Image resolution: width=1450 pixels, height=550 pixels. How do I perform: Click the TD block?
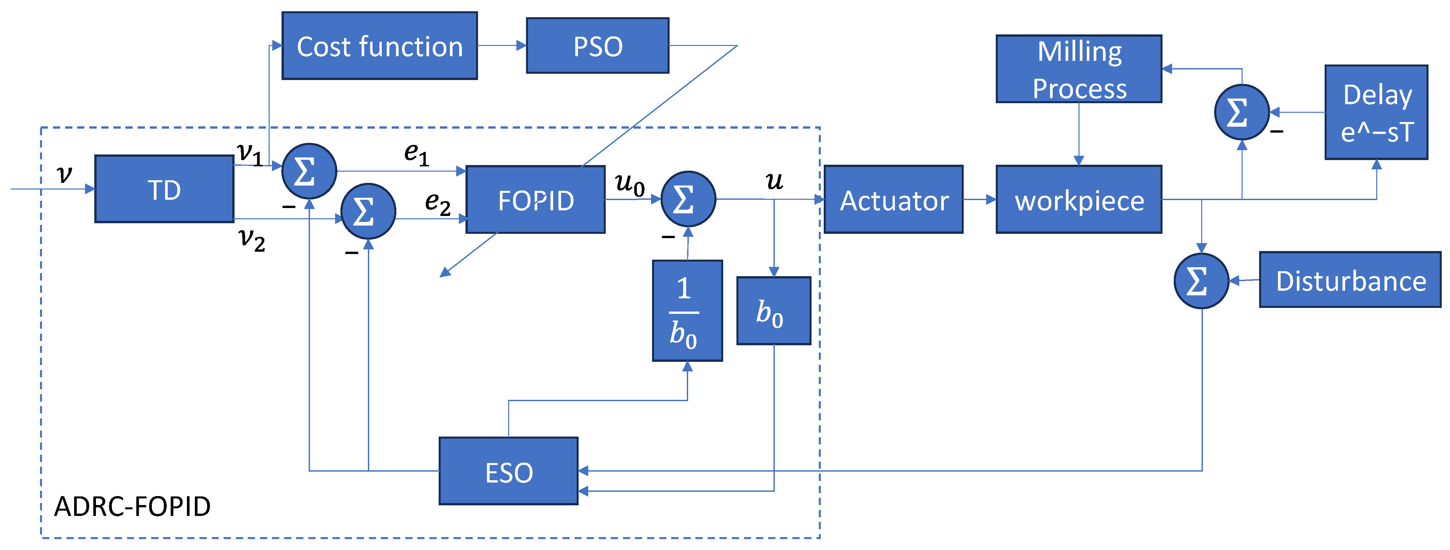click(x=164, y=189)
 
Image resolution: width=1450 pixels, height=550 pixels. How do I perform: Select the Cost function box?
click(x=379, y=46)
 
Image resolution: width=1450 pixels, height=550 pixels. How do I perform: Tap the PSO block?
click(x=598, y=46)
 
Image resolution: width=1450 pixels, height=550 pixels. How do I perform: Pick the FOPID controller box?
click(x=536, y=199)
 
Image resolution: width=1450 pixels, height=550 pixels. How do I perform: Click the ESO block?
click(x=509, y=471)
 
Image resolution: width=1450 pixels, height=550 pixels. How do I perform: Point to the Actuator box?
click(x=894, y=199)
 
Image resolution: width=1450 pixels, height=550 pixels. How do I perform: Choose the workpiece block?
click(x=1079, y=199)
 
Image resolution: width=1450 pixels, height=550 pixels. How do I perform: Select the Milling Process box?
click(x=1079, y=69)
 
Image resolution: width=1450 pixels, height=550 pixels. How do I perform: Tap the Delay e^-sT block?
click(x=1376, y=112)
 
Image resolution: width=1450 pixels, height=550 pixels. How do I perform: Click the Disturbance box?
click(x=1350, y=280)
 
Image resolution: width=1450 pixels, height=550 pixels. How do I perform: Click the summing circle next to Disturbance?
click(x=1201, y=281)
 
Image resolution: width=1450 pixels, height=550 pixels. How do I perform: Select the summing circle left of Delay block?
click(x=1242, y=112)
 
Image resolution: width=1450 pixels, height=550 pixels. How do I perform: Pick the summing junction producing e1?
click(x=309, y=171)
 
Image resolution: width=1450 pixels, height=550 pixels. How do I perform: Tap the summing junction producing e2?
click(x=369, y=211)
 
